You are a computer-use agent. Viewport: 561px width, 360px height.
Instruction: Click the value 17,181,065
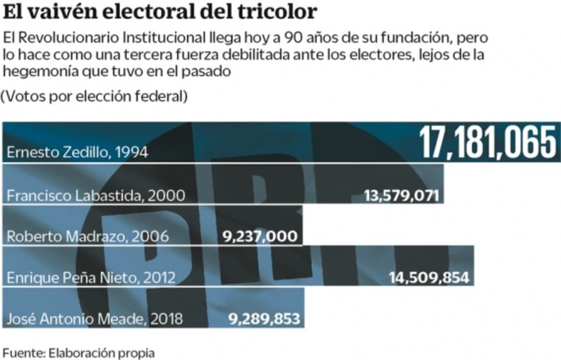488,142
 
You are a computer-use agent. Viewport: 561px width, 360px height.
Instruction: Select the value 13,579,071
401,195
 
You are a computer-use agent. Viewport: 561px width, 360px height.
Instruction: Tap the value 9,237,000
260,236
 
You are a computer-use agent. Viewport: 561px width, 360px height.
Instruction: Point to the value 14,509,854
429,278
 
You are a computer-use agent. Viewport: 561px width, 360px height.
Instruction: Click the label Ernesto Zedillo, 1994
77,153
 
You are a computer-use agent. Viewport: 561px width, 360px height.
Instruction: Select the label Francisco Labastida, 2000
96,195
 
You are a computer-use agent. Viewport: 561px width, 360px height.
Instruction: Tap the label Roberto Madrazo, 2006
87,236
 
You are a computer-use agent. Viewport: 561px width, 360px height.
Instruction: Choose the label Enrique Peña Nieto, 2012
91,278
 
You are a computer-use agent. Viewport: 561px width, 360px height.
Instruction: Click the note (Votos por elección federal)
94,96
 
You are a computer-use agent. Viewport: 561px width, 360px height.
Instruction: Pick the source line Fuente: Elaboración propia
79,352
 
